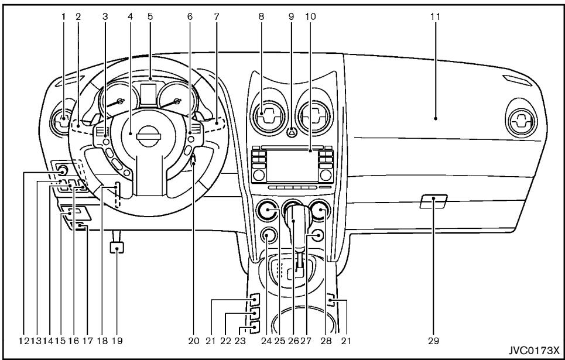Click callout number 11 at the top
(434, 18)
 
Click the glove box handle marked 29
(433, 203)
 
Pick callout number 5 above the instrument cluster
(150, 18)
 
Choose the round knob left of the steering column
(61, 171)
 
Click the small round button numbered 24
(268, 237)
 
